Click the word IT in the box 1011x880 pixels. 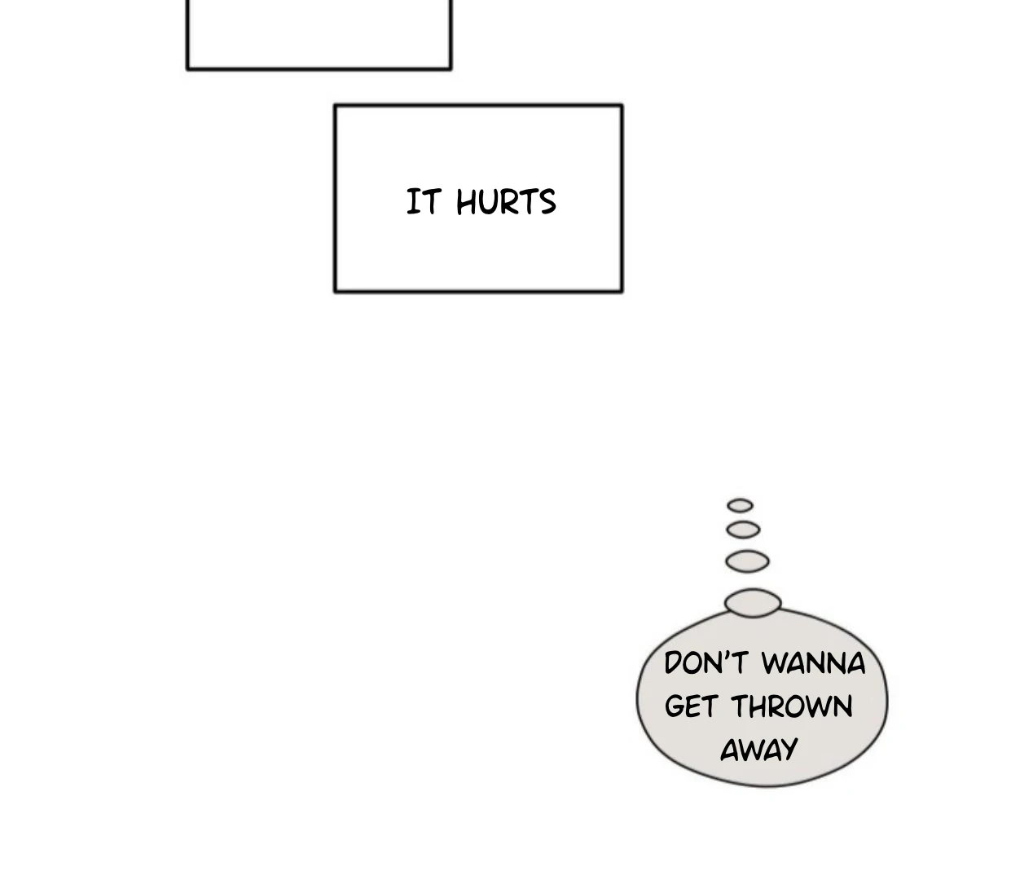point(424,202)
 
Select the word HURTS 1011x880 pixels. point(506,203)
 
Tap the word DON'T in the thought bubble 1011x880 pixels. point(706,663)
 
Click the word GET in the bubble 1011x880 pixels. point(691,706)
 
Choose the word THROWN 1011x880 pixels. point(792,706)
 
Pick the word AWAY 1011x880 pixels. point(758,750)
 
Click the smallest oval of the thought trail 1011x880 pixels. point(740,505)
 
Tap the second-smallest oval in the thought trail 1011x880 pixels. point(743,530)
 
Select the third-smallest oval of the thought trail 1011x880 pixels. point(747,561)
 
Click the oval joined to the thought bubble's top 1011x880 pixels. point(753,602)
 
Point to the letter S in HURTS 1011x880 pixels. point(547,203)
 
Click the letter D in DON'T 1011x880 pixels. point(675,663)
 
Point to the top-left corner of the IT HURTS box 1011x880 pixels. point(336,106)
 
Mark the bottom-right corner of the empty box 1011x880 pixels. point(451,68)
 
